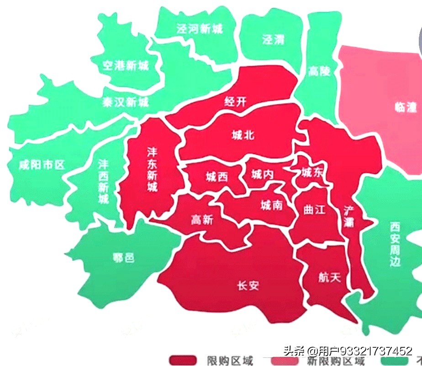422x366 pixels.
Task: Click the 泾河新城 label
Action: pyautogui.click(x=200, y=29)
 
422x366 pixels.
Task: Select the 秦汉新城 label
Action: pyautogui.click(x=125, y=102)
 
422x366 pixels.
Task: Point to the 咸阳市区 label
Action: pyautogui.click(x=42, y=165)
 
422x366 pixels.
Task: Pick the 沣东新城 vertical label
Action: pyautogui.click(x=152, y=169)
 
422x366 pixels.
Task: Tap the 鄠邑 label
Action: pyautogui.click(x=123, y=258)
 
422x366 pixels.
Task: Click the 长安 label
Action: pyautogui.click(x=248, y=286)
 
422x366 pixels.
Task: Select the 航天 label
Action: pyautogui.click(x=329, y=277)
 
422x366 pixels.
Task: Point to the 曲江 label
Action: pyautogui.click(x=314, y=210)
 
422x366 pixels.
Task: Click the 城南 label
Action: pyautogui.click(x=271, y=205)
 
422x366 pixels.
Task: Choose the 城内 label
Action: pyautogui.click(x=262, y=174)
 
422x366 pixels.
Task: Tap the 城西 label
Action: pyautogui.click(x=216, y=177)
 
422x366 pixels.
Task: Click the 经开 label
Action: pyautogui.click(x=236, y=101)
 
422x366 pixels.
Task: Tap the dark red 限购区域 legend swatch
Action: pyautogui.click(x=183, y=361)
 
